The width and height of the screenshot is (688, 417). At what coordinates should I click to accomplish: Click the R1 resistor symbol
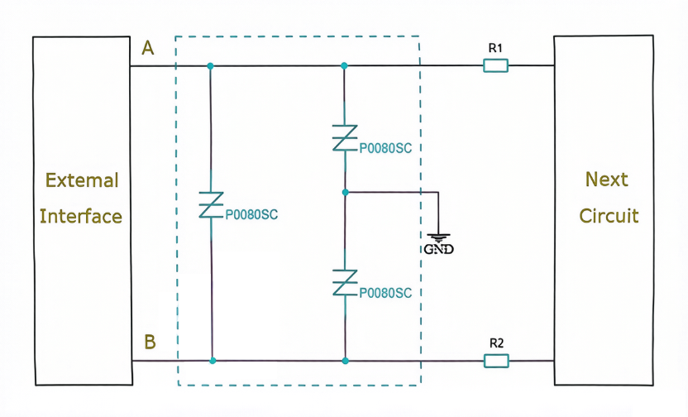(x=496, y=66)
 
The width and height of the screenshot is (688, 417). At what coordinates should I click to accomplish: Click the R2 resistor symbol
(x=496, y=361)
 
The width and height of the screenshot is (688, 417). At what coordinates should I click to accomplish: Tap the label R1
(x=495, y=48)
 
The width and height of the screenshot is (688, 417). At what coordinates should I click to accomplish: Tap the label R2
(x=496, y=343)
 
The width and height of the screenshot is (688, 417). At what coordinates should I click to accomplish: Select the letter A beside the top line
(x=148, y=48)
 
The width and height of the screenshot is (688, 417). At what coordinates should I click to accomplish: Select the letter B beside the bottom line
(x=150, y=342)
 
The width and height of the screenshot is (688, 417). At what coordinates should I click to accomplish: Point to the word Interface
(x=81, y=217)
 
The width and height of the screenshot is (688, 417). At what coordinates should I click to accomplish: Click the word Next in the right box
(x=606, y=179)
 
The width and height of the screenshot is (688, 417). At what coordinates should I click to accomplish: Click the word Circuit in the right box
(x=609, y=216)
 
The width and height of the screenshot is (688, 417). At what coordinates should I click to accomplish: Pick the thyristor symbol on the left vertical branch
(x=211, y=205)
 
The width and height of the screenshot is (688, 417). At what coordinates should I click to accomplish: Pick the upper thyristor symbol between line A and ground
(x=345, y=138)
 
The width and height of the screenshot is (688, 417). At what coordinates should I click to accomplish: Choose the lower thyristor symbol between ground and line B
(x=345, y=283)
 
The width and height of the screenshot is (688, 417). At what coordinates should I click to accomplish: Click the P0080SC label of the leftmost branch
(x=251, y=214)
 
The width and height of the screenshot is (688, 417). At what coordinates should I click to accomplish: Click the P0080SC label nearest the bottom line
(x=385, y=293)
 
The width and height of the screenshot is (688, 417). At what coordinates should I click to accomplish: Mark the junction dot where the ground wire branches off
(x=346, y=192)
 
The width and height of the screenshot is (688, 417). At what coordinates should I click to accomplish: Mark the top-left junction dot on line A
(x=210, y=66)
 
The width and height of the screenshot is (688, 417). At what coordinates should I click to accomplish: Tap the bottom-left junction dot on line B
(x=213, y=361)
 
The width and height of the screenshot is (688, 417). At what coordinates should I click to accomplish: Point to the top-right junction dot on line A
(x=344, y=66)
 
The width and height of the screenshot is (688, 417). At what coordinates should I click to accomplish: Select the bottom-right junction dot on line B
(x=346, y=361)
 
